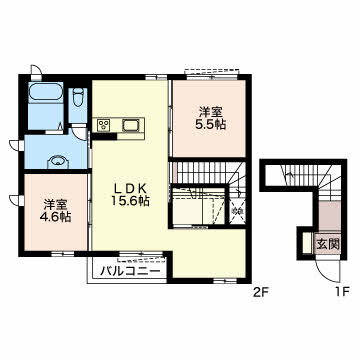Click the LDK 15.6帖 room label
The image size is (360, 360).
(130, 194)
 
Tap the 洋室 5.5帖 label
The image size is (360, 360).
(211, 118)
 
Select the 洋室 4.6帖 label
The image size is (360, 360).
(56, 211)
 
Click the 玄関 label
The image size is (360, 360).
(328, 245)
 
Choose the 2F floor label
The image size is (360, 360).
(261, 292)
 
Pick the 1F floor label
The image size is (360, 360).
(341, 292)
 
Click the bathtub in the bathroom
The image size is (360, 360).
(46, 92)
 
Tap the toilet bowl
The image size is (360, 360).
(78, 97)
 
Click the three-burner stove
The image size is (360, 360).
(103, 125)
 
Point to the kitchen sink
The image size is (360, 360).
(131, 126)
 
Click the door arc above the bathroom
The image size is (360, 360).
(36, 70)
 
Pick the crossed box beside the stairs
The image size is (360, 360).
(238, 210)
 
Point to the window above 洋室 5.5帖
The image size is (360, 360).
(212, 77)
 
